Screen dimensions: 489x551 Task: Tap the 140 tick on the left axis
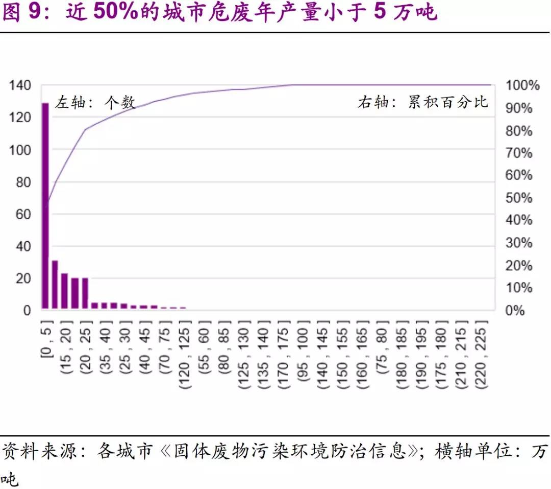[x=20, y=85]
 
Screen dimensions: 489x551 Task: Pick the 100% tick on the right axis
[x=522, y=85]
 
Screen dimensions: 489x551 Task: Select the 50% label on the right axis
[x=519, y=198]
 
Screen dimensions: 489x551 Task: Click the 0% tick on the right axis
[x=515, y=311]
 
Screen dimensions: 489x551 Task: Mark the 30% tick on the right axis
[x=519, y=243]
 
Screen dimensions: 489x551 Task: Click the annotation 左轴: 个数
[x=95, y=102]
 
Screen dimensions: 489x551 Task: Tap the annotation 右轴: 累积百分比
[x=422, y=102]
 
